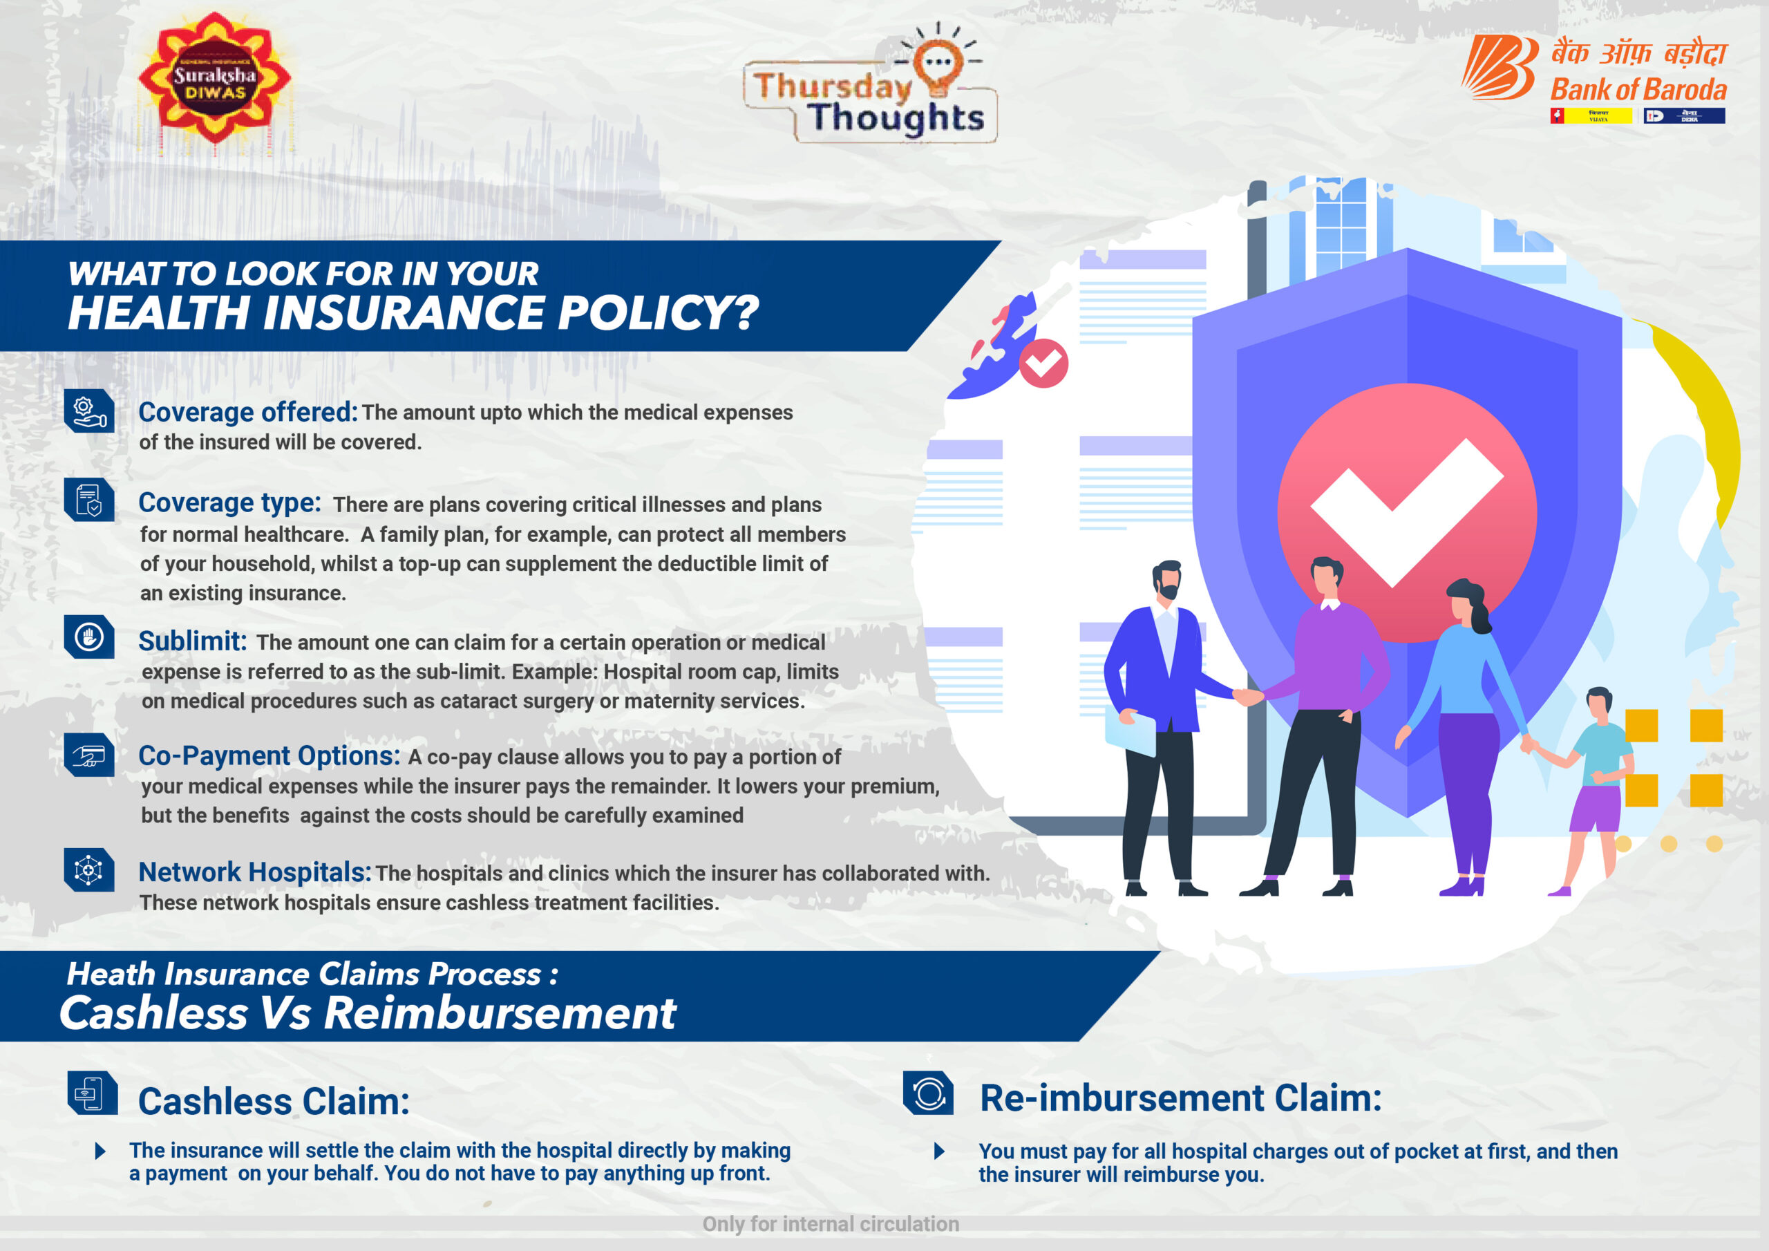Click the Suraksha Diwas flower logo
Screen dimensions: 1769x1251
(x=214, y=78)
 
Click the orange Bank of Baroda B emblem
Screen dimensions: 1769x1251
(x=1499, y=67)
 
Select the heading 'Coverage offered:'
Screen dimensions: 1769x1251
(x=248, y=413)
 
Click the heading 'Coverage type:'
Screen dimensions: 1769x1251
(x=229, y=502)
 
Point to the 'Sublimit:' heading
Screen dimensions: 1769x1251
(x=193, y=641)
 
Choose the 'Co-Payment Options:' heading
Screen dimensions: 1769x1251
(x=269, y=756)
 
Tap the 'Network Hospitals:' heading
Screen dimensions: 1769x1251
(x=255, y=872)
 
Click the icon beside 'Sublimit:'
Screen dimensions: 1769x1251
(x=89, y=637)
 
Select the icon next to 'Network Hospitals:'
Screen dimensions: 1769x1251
(x=89, y=869)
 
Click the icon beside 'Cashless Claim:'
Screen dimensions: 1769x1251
(x=93, y=1092)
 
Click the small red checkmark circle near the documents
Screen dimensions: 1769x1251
(x=1043, y=362)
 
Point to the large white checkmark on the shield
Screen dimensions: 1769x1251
(x=1407, y=512)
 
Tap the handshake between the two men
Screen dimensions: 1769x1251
(x=1248, y=697)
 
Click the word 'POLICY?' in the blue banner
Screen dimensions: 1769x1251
(x=658, y=313)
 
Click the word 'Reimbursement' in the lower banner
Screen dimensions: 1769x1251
(x=500, y=1013)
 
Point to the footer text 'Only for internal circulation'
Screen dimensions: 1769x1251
(x=831, y=1224)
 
